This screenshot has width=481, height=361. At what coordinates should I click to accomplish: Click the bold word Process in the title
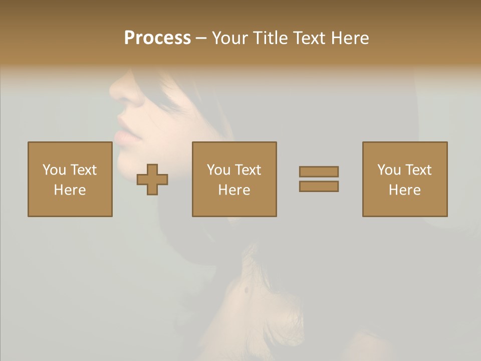[x=157, y=38]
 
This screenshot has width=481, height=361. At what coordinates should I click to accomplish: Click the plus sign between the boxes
[x=152, y=179]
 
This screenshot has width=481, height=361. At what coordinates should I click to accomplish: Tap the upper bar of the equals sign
[x=319, y=171]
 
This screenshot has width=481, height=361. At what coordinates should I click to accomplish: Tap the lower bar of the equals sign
[x=319, y=187]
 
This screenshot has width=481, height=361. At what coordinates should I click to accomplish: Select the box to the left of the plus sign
[x=70, y=179]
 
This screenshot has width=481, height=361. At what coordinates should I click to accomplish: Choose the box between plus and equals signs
[x=234, y=179]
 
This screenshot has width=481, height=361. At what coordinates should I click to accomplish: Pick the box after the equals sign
[x=404, y=179]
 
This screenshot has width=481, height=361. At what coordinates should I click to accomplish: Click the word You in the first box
[x=54, y=170]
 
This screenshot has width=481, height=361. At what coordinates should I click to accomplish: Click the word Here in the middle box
[x=234, y=190]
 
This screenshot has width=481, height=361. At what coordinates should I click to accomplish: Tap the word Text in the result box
[x=418, y=170]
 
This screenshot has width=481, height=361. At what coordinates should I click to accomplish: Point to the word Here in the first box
[x=70, y=190]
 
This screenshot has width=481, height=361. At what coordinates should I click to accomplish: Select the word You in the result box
[x=389, y=170]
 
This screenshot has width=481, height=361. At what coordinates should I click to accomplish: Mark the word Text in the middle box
[x=248, y=170]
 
